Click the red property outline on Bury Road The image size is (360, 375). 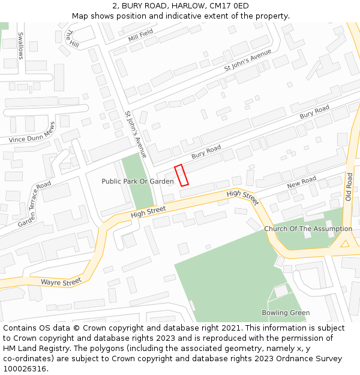181,175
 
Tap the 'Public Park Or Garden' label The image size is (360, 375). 137,181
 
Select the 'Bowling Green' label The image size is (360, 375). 286,313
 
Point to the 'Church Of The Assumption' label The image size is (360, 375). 308,229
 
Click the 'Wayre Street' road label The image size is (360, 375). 61,282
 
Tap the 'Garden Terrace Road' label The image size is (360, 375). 35,204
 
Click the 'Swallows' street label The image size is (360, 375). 20,46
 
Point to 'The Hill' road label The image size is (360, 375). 72,39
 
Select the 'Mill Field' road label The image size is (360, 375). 141,36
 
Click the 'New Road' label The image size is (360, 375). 301,181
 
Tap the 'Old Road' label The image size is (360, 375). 349,187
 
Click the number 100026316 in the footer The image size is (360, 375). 25,369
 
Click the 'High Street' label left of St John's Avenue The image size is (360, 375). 148,211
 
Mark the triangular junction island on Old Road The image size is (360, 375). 345,244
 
